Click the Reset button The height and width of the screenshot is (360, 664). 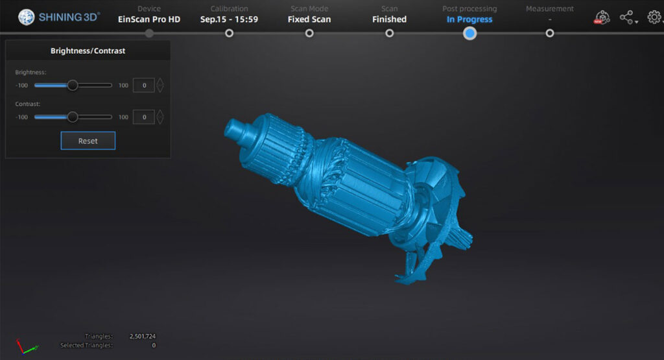coord(88,141)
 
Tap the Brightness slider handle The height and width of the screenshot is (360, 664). coord(73,85)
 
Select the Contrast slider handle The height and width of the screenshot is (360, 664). coord(73,117)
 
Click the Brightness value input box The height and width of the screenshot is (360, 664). coord(144,85)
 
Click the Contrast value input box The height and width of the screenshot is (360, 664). coord(144,117)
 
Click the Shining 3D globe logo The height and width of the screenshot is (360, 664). coord(26,17)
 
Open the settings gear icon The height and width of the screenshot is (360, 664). coord(654,17)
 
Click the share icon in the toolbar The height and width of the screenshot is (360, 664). coord(627,18)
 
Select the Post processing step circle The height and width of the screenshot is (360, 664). coord(469,33)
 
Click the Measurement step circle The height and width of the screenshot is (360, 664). coord(550,33)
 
